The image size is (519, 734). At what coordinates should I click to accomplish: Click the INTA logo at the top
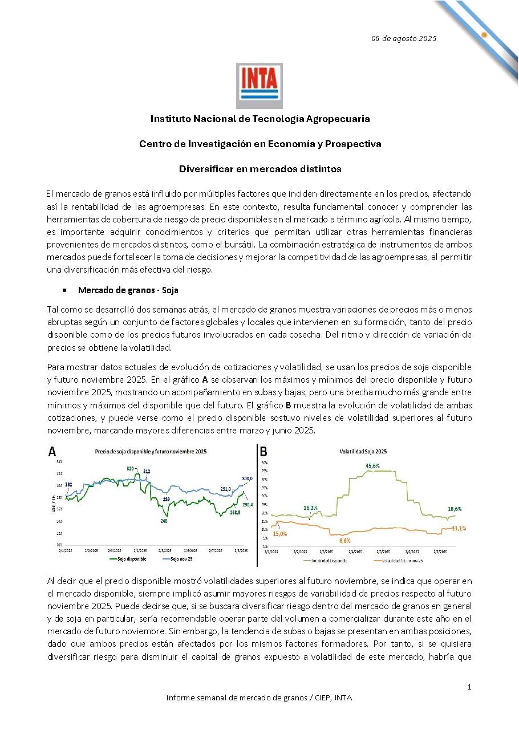tap(259, 86)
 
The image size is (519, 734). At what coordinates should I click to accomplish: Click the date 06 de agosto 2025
tap(403, 39)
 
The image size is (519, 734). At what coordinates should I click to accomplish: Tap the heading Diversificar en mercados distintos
tap(260, 169)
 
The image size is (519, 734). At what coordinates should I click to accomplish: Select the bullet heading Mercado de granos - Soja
tap(128, 290)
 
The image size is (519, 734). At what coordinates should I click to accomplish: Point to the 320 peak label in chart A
tap(131, 468)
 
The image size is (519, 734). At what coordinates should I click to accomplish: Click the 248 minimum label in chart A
tap(164, 521)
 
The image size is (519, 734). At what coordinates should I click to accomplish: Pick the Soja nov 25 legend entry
tap(181, 559)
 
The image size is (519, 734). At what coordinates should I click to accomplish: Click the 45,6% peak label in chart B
tap(372, 465)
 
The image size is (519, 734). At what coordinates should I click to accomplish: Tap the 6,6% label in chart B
tap(344, 540)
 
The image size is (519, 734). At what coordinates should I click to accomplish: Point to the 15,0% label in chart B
tap(279, 534)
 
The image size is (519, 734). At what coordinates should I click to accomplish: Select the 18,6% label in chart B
tap(455, 509)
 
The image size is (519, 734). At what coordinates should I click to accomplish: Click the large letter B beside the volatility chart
tap(264, 452)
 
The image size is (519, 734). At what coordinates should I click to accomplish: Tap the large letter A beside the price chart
tap(52, 452)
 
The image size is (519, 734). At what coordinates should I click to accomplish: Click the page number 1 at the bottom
tap(469, 687)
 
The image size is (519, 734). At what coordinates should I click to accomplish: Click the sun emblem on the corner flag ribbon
tap(484, 34)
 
